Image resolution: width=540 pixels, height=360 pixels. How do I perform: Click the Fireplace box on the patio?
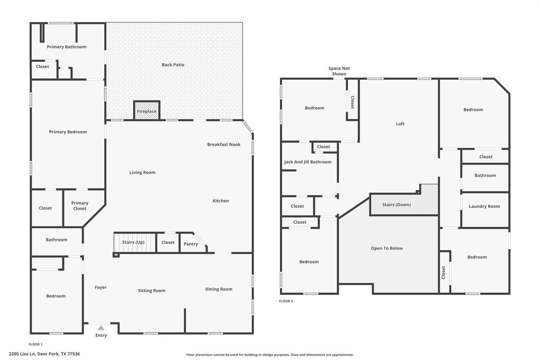[146, 111]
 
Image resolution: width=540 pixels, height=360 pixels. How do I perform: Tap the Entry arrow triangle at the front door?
[101, 328]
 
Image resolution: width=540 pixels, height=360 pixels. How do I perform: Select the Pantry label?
[191, 244]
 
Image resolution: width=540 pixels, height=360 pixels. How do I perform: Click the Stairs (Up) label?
[133, 242]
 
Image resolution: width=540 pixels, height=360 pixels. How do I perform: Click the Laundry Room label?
[484, 206]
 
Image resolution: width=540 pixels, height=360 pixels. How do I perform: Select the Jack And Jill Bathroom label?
[308, 162]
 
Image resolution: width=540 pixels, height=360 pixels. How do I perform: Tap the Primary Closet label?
[80, 206]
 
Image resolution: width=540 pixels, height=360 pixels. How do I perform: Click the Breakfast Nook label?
[223, 145]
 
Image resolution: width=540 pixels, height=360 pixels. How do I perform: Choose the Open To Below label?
[386, 248]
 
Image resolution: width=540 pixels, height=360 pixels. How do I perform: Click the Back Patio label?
[173, 65]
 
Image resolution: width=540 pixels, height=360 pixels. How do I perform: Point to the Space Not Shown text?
[339, 71]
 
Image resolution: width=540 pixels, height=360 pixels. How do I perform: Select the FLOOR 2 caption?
[286, 301]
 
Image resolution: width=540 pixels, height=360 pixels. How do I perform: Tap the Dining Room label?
[219, 289]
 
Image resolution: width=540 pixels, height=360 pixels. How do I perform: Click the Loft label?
[400, 124]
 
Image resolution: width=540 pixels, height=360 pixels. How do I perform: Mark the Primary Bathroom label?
[67, 47]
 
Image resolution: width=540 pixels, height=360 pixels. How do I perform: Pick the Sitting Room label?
[151, 291]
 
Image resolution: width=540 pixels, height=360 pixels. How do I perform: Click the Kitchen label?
[220, 201]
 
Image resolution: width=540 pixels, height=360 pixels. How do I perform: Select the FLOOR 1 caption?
[35, 344]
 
